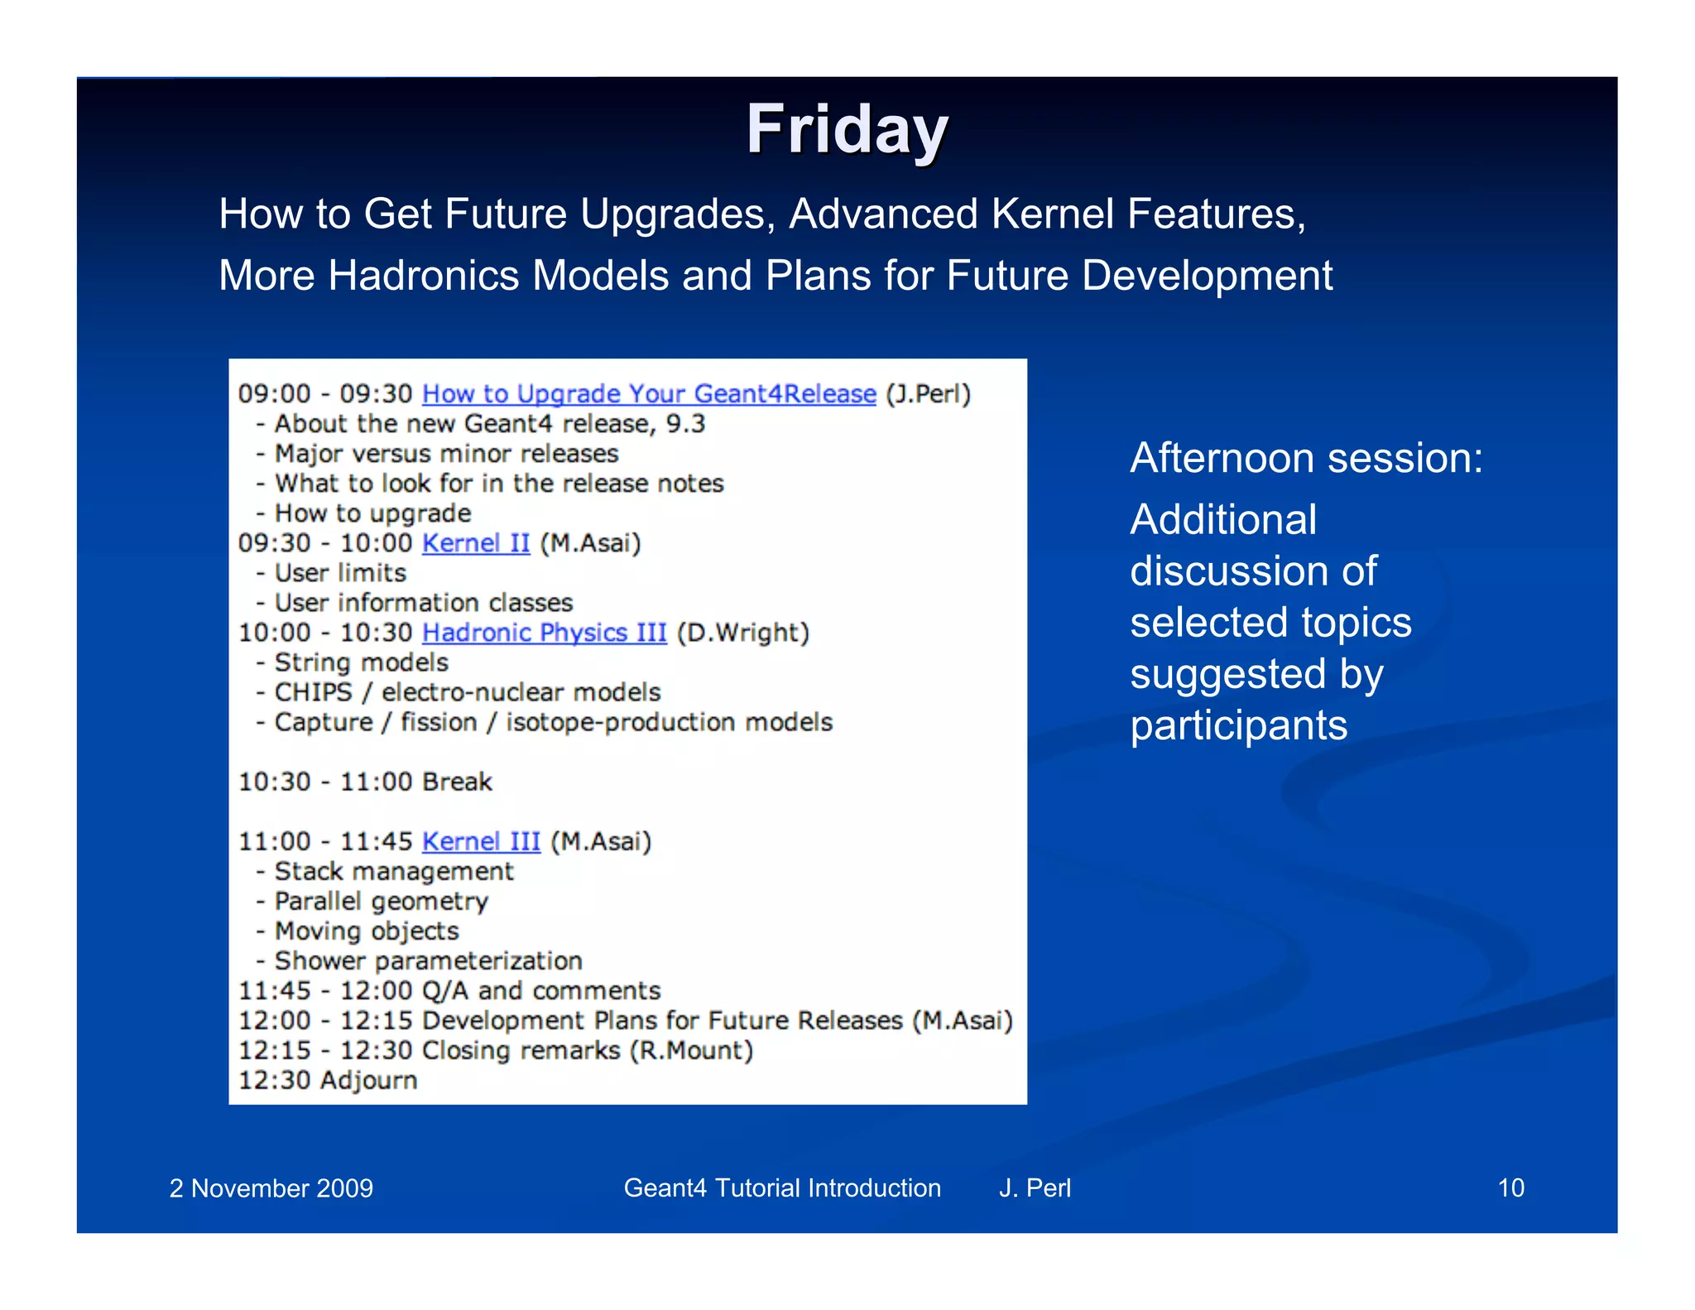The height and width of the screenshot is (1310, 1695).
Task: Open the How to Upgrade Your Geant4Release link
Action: click(x=649, y=393)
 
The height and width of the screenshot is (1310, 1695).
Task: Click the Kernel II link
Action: click(x=475, y=543)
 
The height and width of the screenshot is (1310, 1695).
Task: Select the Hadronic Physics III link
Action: click(x=544, y=633)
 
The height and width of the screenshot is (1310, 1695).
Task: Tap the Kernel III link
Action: click(x=481, y=841)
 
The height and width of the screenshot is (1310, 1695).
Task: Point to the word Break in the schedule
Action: click(x=457, y=782)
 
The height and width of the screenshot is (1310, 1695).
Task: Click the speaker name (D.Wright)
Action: click(x=742, y=633)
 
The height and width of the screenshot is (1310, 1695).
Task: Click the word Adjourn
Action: click(x=368, y=1080)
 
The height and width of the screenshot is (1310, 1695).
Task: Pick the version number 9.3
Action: click(x=685, y=424)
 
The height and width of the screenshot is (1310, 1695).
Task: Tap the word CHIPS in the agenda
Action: click(x=313, y=692)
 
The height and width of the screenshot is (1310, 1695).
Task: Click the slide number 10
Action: click(x=1510, y=1187)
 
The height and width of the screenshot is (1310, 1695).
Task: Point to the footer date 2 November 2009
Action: click(x=271, y=1188)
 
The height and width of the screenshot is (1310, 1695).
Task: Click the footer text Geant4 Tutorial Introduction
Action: click(x=781, y=1187)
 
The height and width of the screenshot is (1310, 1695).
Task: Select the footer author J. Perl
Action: click(x=1034, y=1187)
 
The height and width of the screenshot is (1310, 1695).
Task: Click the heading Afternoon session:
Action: click(x=1306, y=458)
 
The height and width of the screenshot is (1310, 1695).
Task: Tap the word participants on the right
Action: click(x=1238, y=725)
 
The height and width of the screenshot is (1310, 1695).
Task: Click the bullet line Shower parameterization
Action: click(x=428, y=961)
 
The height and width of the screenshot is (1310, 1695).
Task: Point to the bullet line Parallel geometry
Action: click(x=381, y=901)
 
